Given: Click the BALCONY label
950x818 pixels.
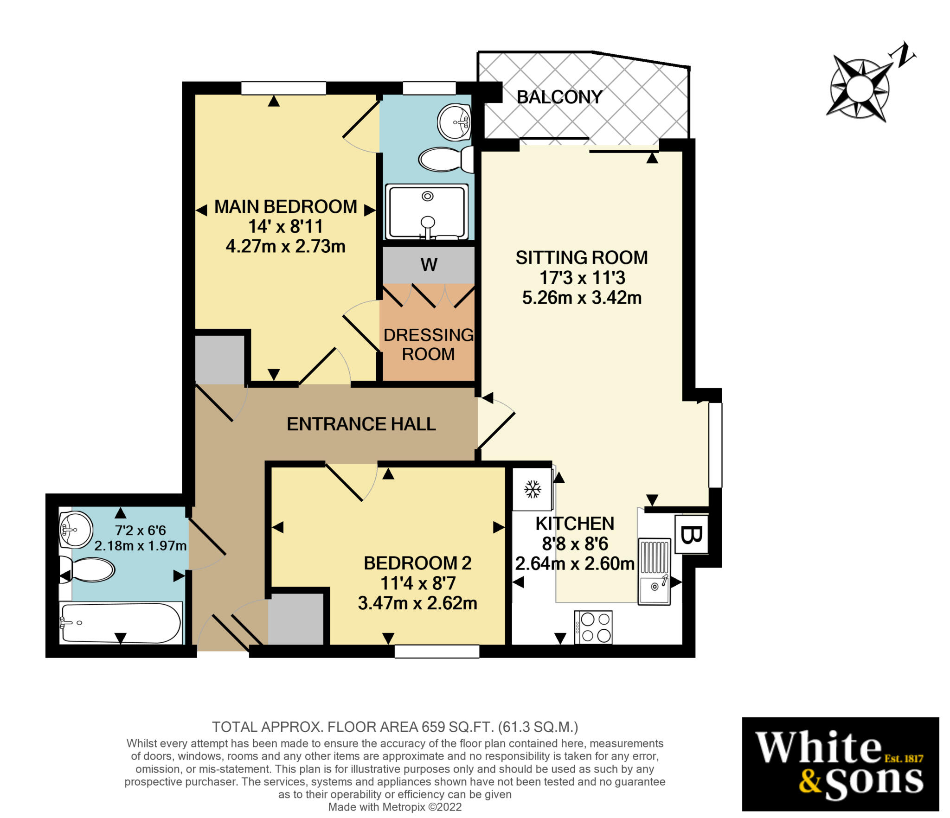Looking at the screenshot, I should (x=559, y=97).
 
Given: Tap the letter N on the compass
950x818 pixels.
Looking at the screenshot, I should (x=902, y=56).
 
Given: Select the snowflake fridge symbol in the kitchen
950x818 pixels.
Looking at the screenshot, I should (x=533, y=489).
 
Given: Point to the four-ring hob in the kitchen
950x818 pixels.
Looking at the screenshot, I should (x=593, y=627).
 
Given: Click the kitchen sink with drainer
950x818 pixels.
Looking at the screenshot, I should (x=654, y=571).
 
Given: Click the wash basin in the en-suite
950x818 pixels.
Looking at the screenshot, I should (x=454, y=122).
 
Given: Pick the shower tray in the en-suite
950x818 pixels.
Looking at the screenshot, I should (x=427, y=211).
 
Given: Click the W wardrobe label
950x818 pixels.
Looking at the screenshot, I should (x=429, y=265).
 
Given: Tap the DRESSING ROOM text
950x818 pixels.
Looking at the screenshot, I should (x=428, y=344).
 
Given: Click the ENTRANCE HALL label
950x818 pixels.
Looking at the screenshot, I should (x=361, y=424).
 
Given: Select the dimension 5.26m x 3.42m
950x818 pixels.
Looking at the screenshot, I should (x=582, y=297).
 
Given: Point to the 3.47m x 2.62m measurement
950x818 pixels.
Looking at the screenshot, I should (x=417, y=603).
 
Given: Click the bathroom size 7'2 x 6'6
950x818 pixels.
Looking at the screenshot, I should (x=140, y=530).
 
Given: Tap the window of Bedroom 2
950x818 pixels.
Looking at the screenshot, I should (x=436, y=652).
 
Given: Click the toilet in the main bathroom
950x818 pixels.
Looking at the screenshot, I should (x=90, y=569).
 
